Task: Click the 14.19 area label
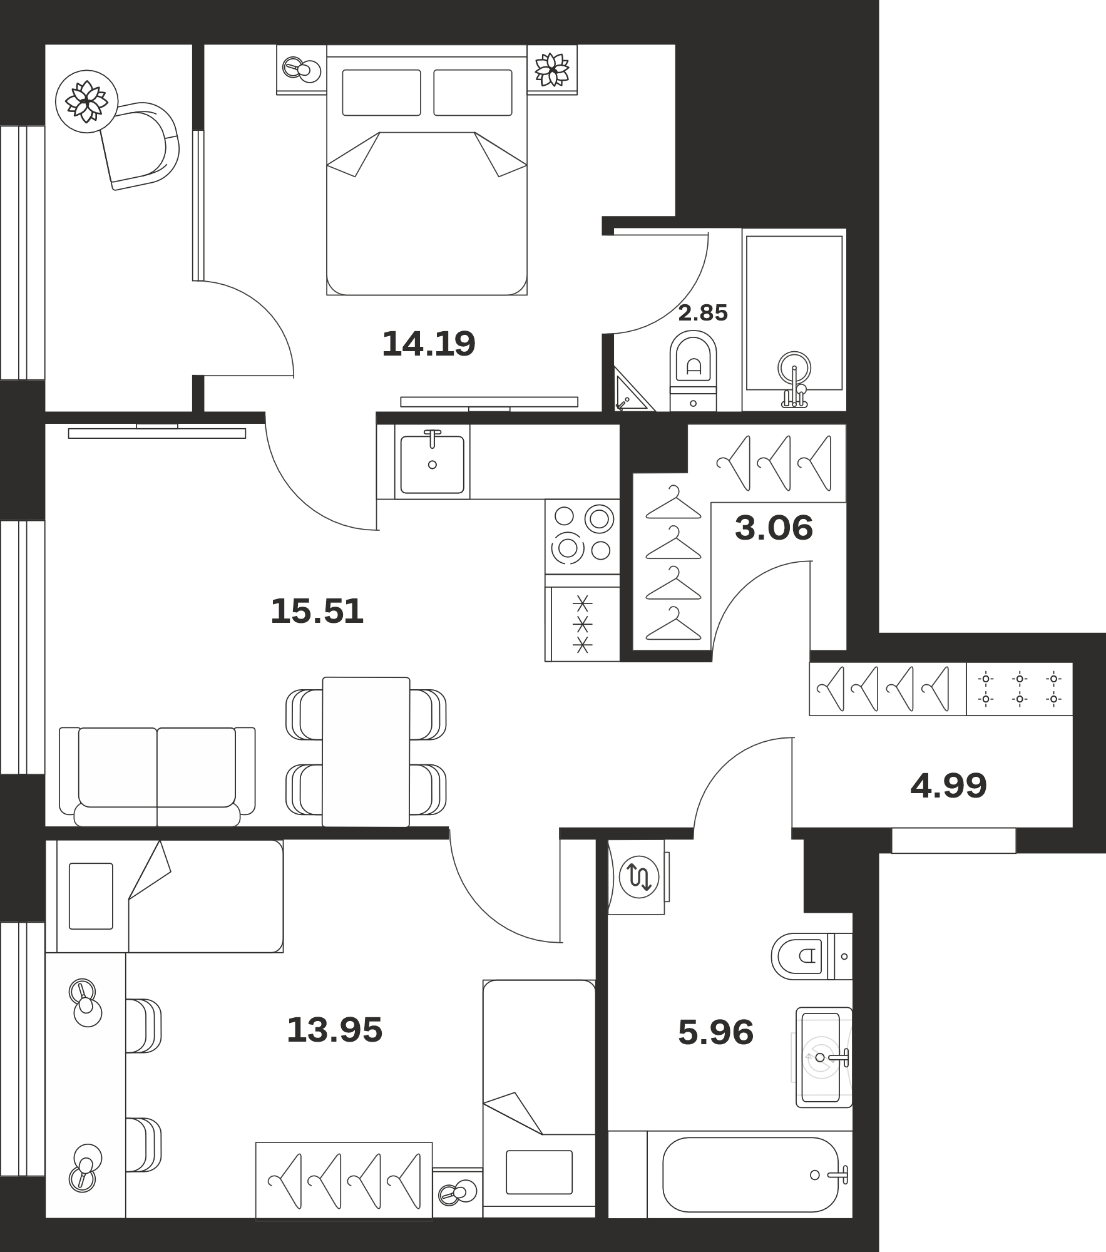429,344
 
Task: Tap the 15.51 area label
317,612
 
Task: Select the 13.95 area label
334,1030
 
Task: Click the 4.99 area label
948,786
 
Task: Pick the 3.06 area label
774,528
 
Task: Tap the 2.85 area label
703,313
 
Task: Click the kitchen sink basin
432,464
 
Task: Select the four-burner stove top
582,536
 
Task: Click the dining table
366,751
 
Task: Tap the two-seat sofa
157,776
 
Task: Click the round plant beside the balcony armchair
86,101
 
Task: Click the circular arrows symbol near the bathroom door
639,878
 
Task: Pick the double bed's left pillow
381,93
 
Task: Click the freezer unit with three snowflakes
583,624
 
